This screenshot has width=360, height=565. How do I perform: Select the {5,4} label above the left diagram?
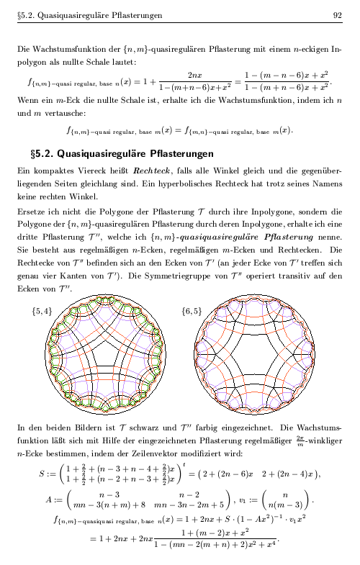pos(42,312)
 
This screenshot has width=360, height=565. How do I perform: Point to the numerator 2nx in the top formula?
pos(193,74)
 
